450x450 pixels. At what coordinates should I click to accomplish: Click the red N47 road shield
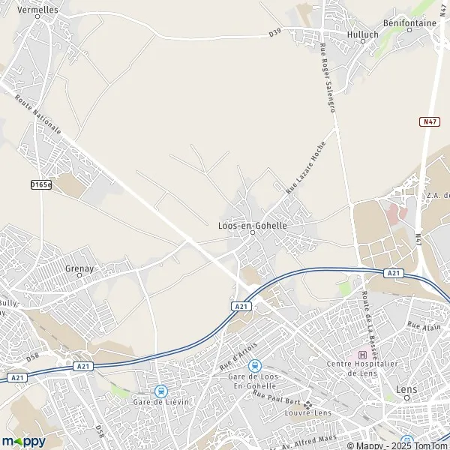point(428,121)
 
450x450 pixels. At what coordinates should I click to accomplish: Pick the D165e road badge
point(40,184)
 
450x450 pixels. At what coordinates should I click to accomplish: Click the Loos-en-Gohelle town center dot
point(253,232)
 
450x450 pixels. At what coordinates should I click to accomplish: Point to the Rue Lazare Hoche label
point(305,169)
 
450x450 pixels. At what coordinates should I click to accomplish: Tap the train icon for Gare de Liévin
point(160,391)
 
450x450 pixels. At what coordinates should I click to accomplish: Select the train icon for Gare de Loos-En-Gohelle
point(254,365)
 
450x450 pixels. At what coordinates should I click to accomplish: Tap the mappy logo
point(23,441)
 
